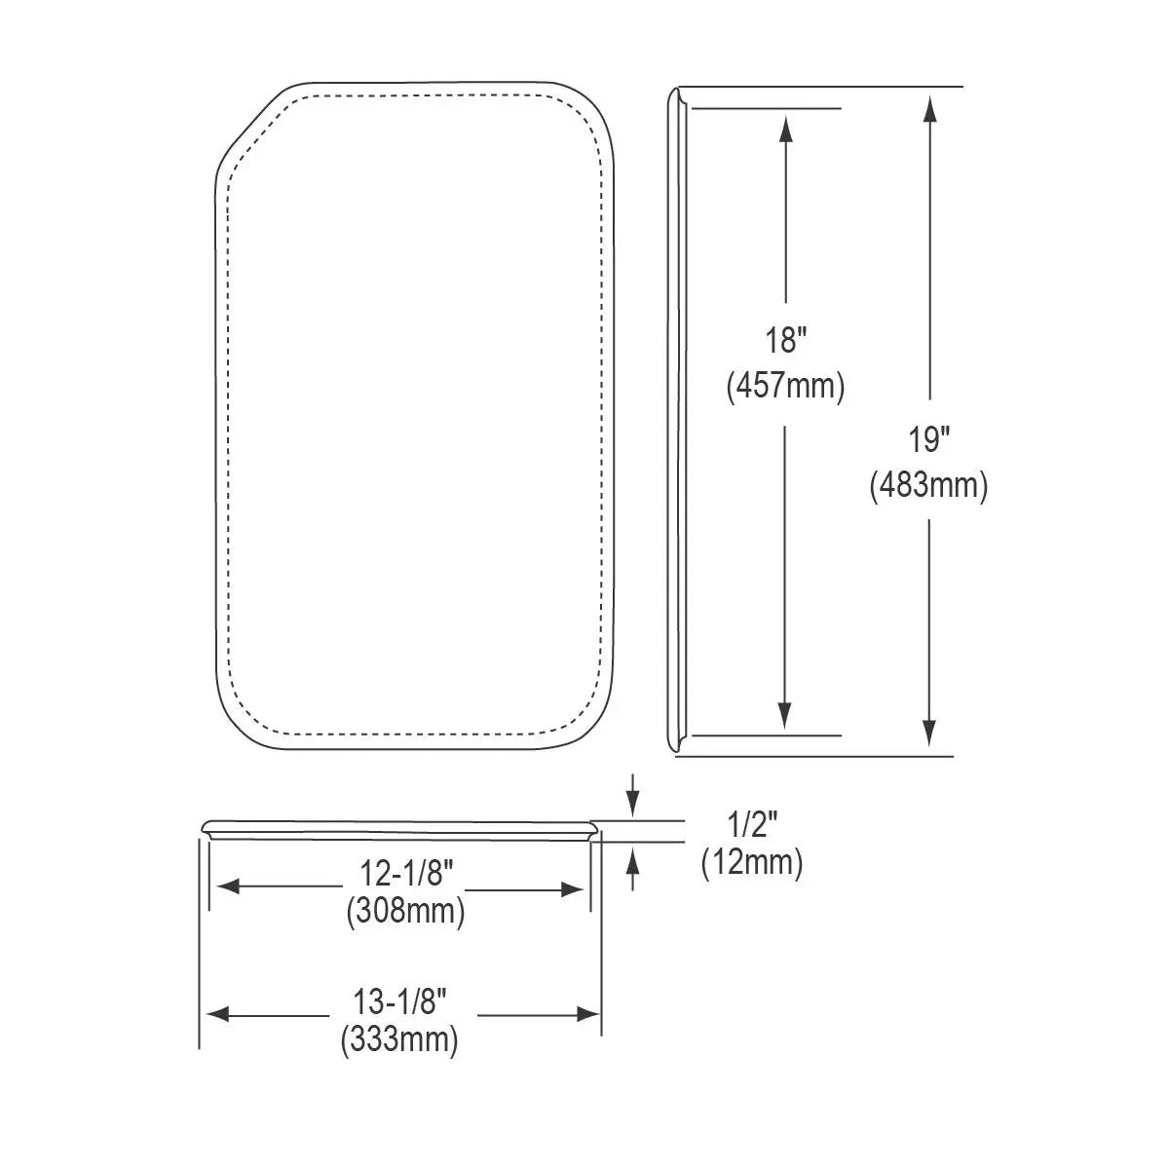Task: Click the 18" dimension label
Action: click(786, 340)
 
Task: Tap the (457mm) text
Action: click(786, 386)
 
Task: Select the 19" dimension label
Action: click(928, 439)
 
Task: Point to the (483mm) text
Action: click(928, 486)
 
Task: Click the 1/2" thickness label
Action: click(752, 824)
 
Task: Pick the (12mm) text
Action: click(752, 863)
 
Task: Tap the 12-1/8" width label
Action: click(406, 874)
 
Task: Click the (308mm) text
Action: click(405, 911)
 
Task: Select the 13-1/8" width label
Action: click(399, 1001)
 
